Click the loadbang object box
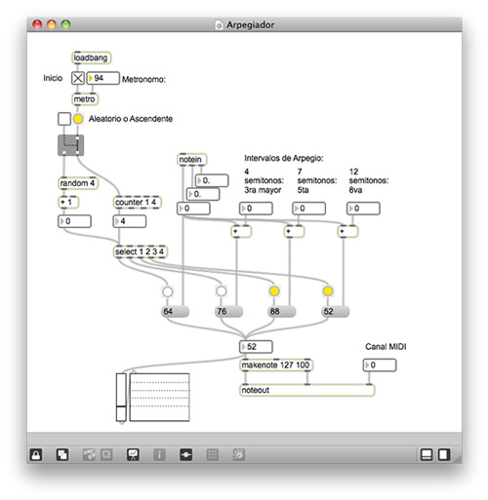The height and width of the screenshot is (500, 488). [91, 58]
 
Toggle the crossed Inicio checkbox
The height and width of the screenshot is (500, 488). [78, 78]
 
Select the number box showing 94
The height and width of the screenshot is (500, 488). [102, 78]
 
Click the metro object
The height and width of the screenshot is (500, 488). [85, 99]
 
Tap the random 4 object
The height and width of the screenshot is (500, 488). [78, 183]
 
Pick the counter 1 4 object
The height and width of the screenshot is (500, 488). [137, 202]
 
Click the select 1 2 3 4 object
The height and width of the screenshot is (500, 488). [140, 251]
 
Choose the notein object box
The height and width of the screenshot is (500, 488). [192, 160]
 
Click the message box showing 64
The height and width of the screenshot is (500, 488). [175, 311]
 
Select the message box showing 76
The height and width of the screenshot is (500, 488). [229, 311]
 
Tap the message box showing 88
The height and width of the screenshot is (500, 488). [282, 311]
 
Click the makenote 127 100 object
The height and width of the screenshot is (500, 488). [275, 365]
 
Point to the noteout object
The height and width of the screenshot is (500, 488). [307, 390]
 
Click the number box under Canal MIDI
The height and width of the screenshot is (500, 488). [380, 365]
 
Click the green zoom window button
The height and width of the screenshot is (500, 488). [66, 24]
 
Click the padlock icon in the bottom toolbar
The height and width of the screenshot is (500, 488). [36, 454]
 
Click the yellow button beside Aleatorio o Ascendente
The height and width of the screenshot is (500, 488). [78, 119]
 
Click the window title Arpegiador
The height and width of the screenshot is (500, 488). [250, 25]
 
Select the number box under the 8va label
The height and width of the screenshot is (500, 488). [363, 209]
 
